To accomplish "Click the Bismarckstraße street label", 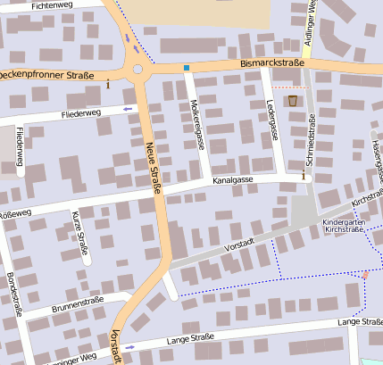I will [x=272, y=64].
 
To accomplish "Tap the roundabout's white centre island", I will [x=137, y=69].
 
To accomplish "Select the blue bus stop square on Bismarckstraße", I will [x=187, y=68].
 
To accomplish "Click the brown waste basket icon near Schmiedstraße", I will [x=293, y=101].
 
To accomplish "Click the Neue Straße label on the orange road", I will [x=153, y=169].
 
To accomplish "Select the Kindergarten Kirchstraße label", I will [x=344, y=226].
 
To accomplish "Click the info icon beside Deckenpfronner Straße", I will [x=108, y=85].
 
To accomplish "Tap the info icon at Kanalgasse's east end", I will [x=303, y=177].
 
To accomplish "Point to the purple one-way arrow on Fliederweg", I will [x=127, y=110].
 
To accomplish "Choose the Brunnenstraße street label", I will [x=78, y=303].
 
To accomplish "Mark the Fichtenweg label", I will [x=52, y=5].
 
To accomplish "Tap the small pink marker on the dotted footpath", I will [x=364, y=275].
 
